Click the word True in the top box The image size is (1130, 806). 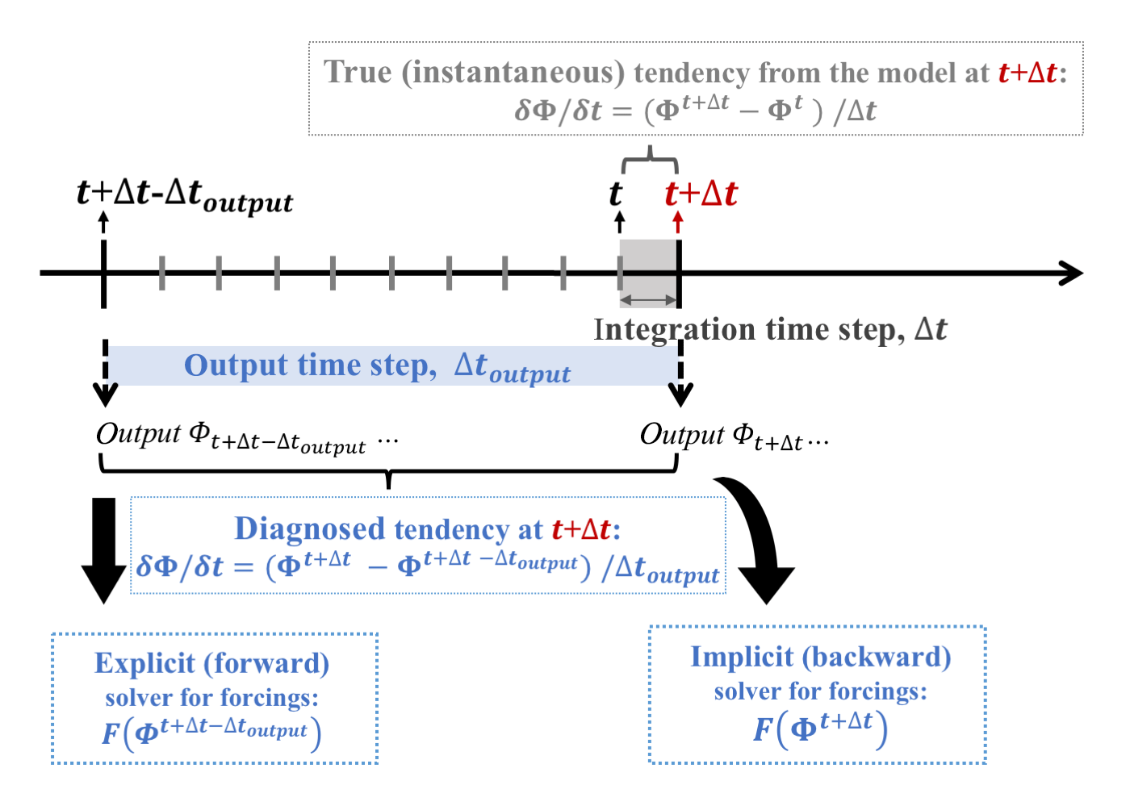(x=357, y=72)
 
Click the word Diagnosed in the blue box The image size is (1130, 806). (x=310, y=528)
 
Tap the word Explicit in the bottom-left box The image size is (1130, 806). (x=144, y=664)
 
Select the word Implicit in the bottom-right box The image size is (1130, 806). (x=742, y=658)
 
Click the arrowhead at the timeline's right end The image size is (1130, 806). (x=1070, y=273)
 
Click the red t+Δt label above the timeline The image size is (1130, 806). (x=701, y=194)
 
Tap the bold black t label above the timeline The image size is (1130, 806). (x=615, y=194)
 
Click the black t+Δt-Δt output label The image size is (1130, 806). (x=185, y=197)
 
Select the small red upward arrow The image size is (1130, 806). (x=679, y=222)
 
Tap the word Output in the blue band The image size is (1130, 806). (x=236, y=365)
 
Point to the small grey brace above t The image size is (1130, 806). (x=650, y=159)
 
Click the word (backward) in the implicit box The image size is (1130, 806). (x=877, y=658)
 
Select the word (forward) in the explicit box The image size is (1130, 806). (x=266, y=664)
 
